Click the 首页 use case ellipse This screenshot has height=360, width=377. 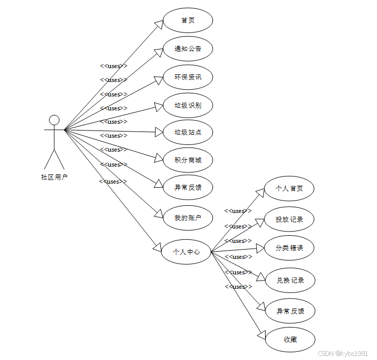click(188, 21)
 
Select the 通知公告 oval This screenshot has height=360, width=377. click(188, 49)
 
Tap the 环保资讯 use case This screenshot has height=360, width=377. click(188, 77)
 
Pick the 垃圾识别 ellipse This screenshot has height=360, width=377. click(188, 106)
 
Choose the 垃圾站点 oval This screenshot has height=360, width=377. click(188, 133)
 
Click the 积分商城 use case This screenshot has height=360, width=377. click(188, 160)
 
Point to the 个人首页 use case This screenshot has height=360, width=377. click(289, 189)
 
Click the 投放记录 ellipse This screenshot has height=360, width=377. click(289, 219)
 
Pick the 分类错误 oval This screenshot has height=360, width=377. click(289, 248)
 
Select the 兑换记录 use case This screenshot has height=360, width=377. click(289, 281)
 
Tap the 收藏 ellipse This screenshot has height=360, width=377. click(290, 340)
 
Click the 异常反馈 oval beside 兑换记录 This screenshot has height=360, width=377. click(290, 312)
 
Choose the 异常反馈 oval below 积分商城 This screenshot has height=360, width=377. click(188, 187)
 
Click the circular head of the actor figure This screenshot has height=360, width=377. click(54, 120)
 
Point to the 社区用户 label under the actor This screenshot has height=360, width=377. click(54, 177)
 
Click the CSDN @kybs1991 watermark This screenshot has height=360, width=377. click(342, 353)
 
